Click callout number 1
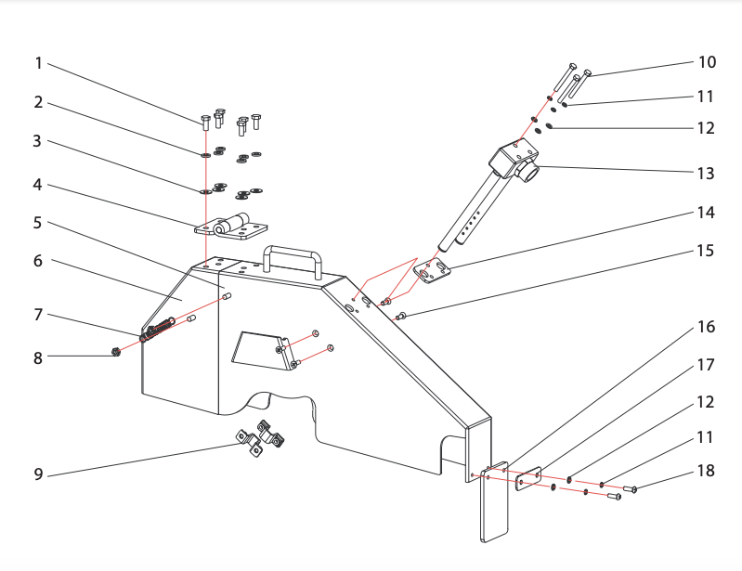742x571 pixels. tap(38, 63)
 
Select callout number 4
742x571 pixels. tap(38, 184)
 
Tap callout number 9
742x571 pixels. tap(38, 474)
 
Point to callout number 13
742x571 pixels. tap(707, 173)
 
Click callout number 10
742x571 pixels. tap(707, 62)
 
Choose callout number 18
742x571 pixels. tap(707, 471)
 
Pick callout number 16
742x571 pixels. tap(707, 328)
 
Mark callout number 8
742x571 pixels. tap(38, 357)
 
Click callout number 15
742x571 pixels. tap(707, 251)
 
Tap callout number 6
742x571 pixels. tap(38, 261)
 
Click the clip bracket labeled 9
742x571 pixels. tap(259, 438)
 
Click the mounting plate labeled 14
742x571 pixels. tap(434, 272)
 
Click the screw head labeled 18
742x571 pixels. tap(633, 489)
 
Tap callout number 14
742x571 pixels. tap(707, 212)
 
